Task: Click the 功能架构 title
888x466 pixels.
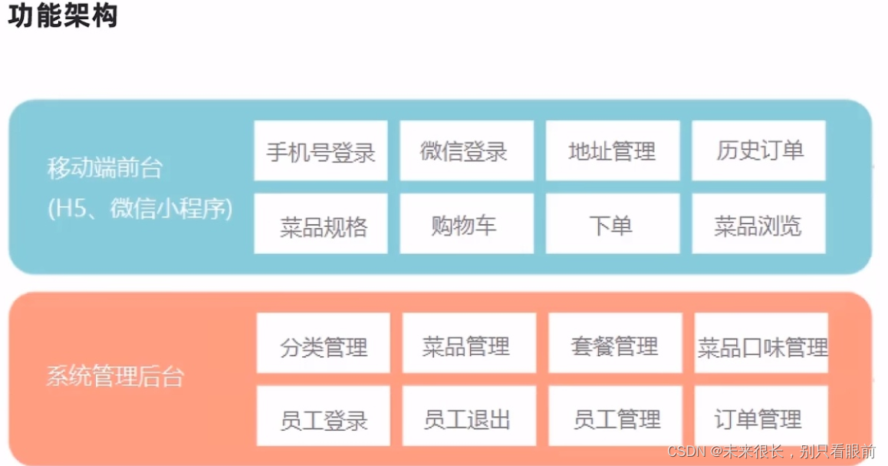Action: (63, 15)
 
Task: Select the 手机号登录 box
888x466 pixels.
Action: (321, 150)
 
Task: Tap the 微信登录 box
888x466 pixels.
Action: (466, 150)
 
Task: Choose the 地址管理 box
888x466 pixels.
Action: (613, 150)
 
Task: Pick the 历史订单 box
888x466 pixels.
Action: (758, 150)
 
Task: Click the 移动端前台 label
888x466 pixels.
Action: (105, 167)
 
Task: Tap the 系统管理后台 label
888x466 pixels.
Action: (115, 377)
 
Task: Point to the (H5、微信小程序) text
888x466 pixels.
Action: (140, 208)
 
